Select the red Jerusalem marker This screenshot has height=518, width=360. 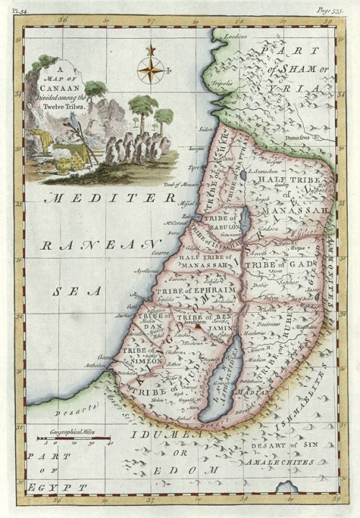pos(196,326)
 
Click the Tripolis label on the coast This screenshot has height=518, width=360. pos(224,83)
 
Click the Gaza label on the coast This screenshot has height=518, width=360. pos(105,357)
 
